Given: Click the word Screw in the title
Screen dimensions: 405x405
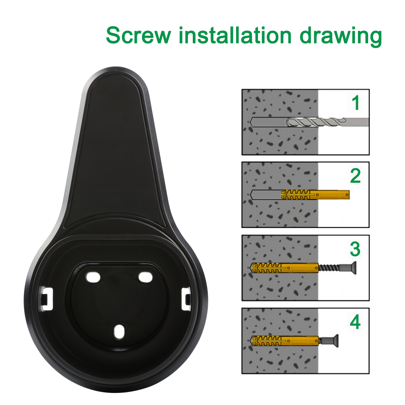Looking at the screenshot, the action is (x=139, y=35).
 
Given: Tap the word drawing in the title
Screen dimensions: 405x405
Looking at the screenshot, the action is (x=341, y=36).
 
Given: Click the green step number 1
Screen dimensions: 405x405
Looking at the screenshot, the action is (x=356, y=102).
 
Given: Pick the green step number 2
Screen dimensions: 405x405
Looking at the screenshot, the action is (x=356, y=176).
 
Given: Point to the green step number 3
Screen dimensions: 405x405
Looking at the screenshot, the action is (x=355, y=249).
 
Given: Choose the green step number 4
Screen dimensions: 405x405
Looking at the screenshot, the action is (x=355, y=322).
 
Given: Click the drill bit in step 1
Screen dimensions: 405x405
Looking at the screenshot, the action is (x=327, y=122).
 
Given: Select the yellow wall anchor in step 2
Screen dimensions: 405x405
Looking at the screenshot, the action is (x=315, y=194).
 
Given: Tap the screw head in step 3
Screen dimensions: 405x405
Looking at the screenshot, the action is (x=351, y=268).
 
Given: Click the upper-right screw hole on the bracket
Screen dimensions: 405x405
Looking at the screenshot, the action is (x=145, y=277).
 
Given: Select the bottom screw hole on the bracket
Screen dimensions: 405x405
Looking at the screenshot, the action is (x=119, y=332).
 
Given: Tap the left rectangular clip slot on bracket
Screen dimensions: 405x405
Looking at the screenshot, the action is (x=47, y=299).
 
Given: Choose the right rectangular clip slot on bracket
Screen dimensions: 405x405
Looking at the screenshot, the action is (x=186, y=299).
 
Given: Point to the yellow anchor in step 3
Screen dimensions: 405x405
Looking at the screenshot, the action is (x=285, y=268).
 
